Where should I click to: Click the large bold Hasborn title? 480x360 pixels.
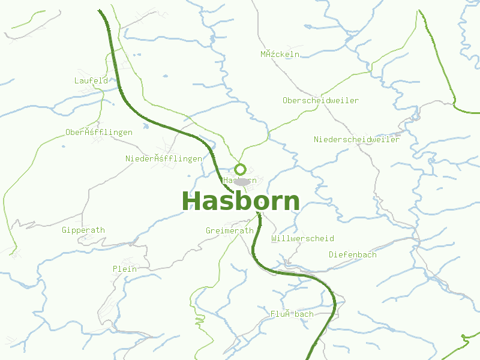241,202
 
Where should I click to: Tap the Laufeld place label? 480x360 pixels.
91,80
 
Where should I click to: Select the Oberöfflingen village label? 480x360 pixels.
99,132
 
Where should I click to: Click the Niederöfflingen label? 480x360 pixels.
164,159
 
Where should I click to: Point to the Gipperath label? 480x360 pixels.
83,230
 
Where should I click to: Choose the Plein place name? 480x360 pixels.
125,269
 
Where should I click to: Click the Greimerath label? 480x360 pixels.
230,230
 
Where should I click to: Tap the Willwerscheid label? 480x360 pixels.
302,238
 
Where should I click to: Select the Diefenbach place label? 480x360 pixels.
353,254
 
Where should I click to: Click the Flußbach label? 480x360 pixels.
292,314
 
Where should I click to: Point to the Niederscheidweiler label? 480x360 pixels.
356,139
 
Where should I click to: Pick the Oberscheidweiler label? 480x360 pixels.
320,100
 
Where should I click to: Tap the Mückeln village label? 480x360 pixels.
280,54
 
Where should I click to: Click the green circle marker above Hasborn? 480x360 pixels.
241,169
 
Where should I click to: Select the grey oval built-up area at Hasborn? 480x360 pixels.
242,181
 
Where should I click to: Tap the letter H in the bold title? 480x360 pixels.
192,202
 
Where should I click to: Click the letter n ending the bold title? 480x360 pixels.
291,203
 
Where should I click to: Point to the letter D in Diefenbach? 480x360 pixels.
331,254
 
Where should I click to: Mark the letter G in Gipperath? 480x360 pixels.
65,230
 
